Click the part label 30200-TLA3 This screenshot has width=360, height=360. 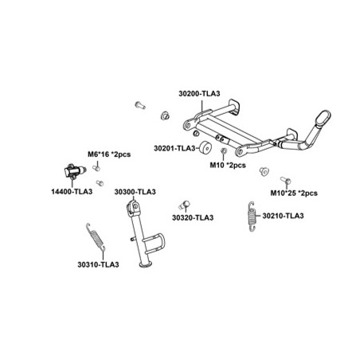click(x=199, y=93)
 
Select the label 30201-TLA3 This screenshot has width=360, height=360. click(x=174, y=148)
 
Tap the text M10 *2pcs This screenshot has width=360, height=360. click(x=228, y=165)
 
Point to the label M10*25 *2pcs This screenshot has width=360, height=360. click(x=294, y=193)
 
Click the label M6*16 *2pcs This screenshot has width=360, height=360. click(x=109, y=155)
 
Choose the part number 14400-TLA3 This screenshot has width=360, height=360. click(x=72, y=191)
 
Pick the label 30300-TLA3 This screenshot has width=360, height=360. click(x=135, y=192)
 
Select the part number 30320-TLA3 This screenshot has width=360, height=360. click(x=193, y=217)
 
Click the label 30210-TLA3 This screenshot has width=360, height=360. click(x=283, y=216)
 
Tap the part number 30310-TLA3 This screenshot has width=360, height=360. click(x=98, y=264)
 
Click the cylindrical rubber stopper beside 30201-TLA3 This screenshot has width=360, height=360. click(x=205, y=147)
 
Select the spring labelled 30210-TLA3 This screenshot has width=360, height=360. click(x=252, y=217)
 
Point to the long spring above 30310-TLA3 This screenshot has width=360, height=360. click(x=96, y=237)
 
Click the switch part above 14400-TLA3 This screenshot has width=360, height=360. click(x=74, y=171)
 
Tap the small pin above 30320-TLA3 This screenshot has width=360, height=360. click(x=185, y=204)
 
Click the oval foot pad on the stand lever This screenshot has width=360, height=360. click(x=323, y=119)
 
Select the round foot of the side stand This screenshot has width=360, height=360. click(x=146, y=264)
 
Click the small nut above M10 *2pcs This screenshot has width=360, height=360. click(x=224, y=151)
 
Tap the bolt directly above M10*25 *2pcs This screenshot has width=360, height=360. click(x=286, y=181)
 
